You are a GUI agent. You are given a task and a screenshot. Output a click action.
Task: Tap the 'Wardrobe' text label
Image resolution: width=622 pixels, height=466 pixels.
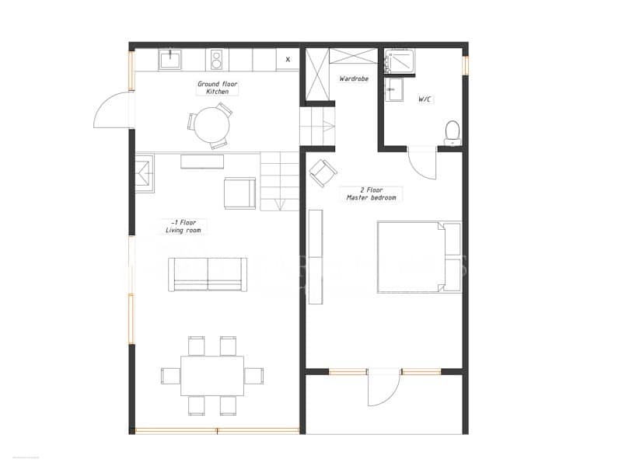(354, 79)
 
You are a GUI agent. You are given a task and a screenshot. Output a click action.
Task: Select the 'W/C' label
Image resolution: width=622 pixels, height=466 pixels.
(425, 99)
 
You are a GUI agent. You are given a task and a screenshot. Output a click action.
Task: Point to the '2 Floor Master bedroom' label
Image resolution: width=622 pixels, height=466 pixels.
(372, 194)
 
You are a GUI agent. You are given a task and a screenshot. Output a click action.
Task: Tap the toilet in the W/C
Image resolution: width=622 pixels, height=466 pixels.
(452, 131)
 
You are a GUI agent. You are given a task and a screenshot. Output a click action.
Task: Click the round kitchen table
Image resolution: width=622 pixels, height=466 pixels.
(211, 124)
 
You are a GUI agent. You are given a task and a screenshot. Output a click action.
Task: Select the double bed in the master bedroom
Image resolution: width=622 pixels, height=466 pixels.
(419, 257)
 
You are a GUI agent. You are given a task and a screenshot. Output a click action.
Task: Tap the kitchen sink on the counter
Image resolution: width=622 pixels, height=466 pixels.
(170, 59)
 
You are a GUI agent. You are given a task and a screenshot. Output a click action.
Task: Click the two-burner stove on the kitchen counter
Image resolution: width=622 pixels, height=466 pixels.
(217, 59)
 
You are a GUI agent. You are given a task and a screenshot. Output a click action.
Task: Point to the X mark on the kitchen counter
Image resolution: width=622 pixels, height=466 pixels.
(288, 59)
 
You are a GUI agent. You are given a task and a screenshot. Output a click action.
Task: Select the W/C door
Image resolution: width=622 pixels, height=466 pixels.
(421, 162)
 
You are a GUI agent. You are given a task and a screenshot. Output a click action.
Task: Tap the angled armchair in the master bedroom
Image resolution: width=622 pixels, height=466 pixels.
(323, 172)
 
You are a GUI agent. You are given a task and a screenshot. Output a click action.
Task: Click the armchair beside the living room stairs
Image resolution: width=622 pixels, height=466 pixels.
(239, 193)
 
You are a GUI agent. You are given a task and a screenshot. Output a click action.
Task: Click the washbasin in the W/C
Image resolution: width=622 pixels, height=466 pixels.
(392, 89)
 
